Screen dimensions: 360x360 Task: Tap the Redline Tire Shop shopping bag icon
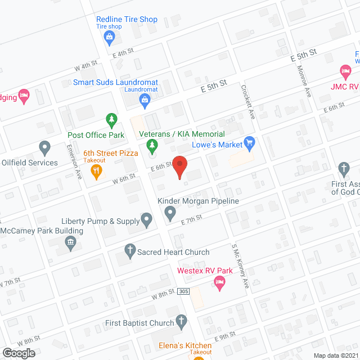[110, 38]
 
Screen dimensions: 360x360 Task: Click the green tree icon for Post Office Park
[111, 120]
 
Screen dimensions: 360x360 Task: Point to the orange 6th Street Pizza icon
[97, 172]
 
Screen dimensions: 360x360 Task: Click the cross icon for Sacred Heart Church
[129, 250]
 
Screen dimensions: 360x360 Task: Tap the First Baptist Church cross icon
[181, 321]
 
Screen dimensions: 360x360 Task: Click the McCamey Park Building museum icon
[71, 244]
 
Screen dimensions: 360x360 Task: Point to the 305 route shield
[186, 291]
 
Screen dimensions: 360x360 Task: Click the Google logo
[18, 353]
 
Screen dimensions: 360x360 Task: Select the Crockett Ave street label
[248, 102]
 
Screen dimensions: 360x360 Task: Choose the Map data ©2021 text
[335, 355]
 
